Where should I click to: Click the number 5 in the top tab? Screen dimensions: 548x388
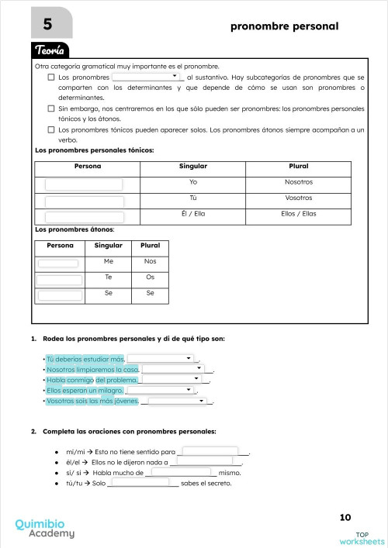coord(37,25)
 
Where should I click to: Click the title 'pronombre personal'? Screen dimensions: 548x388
coord(284,26)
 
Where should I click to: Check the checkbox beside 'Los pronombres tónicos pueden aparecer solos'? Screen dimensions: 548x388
coord(51,130)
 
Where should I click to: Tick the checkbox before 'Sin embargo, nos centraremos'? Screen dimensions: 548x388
coord(51,109)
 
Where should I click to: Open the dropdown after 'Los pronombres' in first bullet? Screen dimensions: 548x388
coord(147,78)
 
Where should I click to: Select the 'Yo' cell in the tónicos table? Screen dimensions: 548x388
coord(193,182)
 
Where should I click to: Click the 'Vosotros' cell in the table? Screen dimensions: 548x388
coord(298,198)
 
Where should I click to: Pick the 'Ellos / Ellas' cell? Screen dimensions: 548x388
coord(298,214)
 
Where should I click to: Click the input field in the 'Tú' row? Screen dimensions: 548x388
coord(84,200)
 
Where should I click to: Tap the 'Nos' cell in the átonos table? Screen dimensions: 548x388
coord(150,262)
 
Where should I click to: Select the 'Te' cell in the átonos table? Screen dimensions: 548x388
coord(109,277)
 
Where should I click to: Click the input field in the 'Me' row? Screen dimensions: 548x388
coord(59,263)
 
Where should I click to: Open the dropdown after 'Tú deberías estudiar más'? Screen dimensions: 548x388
coord(161,359)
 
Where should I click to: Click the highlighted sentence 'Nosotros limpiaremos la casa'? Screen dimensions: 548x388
coord(92,370)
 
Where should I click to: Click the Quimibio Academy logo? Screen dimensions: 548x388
coord(45,528)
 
